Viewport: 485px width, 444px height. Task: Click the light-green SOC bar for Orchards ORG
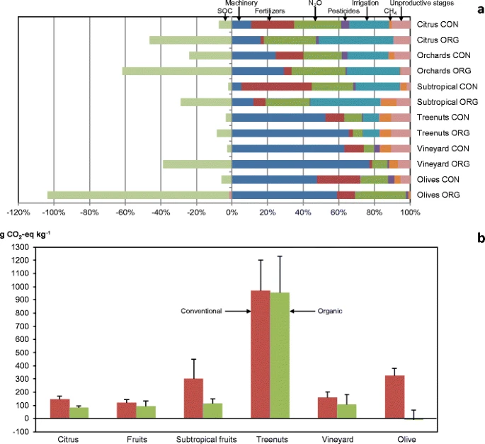[x=177, y=71]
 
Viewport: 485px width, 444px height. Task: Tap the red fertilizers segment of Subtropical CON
[x=277, y=86]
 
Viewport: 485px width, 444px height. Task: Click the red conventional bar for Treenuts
[x=261, y=354]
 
